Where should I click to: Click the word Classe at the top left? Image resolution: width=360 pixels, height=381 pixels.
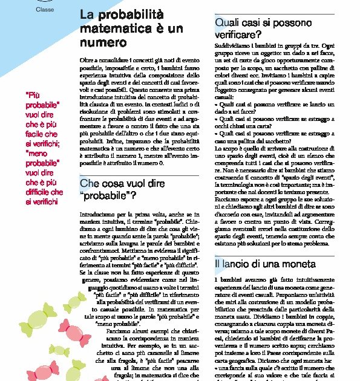pyautogui.click(x=45, y=10)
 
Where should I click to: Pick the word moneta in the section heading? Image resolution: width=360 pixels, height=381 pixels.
pyautogui.click(x=296, y=264)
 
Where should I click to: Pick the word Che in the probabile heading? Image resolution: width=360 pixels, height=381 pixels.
pyautogui.click(x=88, y=182)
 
